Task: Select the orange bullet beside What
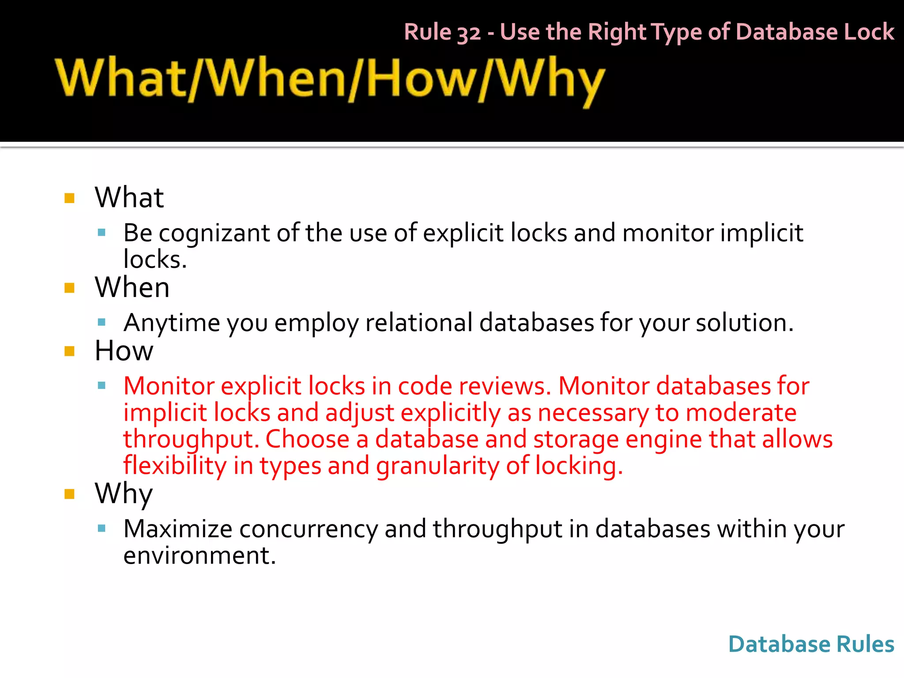tap(69, 198)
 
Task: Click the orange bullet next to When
tap(69, 288)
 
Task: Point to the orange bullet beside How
tap(69, 351)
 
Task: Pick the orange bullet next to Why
tap(69, 493)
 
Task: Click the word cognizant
tap(214, 234)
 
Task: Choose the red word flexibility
tap(174, 466)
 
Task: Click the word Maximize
tap(177, 529)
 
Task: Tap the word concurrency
tap(308, 529)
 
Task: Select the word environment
tap(199, 555)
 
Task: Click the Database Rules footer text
tap(811, 644)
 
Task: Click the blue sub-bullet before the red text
tap(102, 386)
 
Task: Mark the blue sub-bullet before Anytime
tap(102, 322)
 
